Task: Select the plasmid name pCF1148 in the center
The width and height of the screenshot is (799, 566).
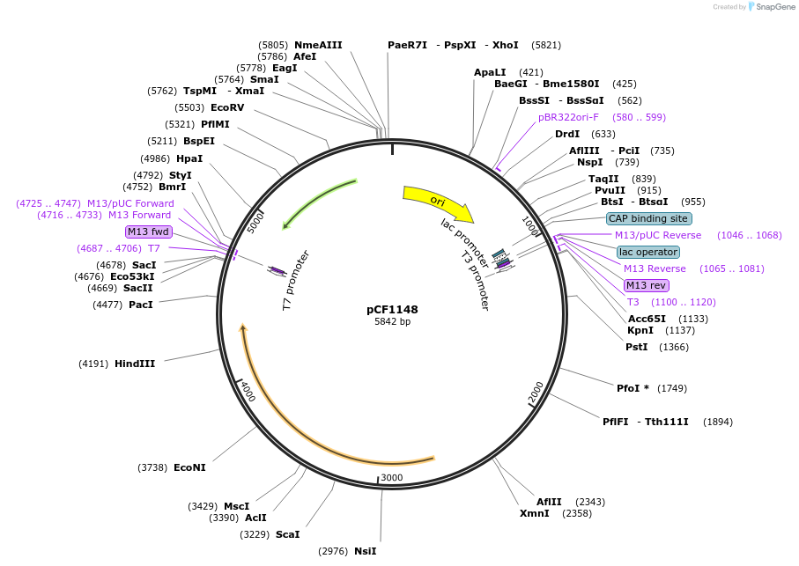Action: (x=392, y=309)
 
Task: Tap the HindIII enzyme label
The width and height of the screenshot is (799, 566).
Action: (x=134, y=364)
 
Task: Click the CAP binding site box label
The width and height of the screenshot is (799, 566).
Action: (x=648, y=218)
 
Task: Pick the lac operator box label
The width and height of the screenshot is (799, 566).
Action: (x=647, y=252)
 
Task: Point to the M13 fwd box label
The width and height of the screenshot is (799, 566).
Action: (x=147, y=232)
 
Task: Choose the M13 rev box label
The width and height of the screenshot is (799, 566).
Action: (x=646, y=285)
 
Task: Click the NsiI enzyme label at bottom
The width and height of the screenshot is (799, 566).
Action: (x=365, y=551)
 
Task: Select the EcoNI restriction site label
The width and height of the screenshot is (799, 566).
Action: (x=189, y=467)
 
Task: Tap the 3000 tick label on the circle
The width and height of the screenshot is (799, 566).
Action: (x=391, y=478)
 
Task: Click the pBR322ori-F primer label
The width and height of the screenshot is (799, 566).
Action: (x=568, y=117)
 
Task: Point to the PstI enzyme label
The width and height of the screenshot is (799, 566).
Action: (x=636, y=347)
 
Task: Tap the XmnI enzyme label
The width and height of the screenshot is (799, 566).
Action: (x=534, y=513)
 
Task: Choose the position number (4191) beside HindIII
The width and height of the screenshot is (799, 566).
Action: (x=93, y=364)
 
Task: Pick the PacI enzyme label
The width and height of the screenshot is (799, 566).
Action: (x=140, y=305)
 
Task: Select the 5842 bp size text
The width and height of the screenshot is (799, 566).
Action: (x=392, y=322)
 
